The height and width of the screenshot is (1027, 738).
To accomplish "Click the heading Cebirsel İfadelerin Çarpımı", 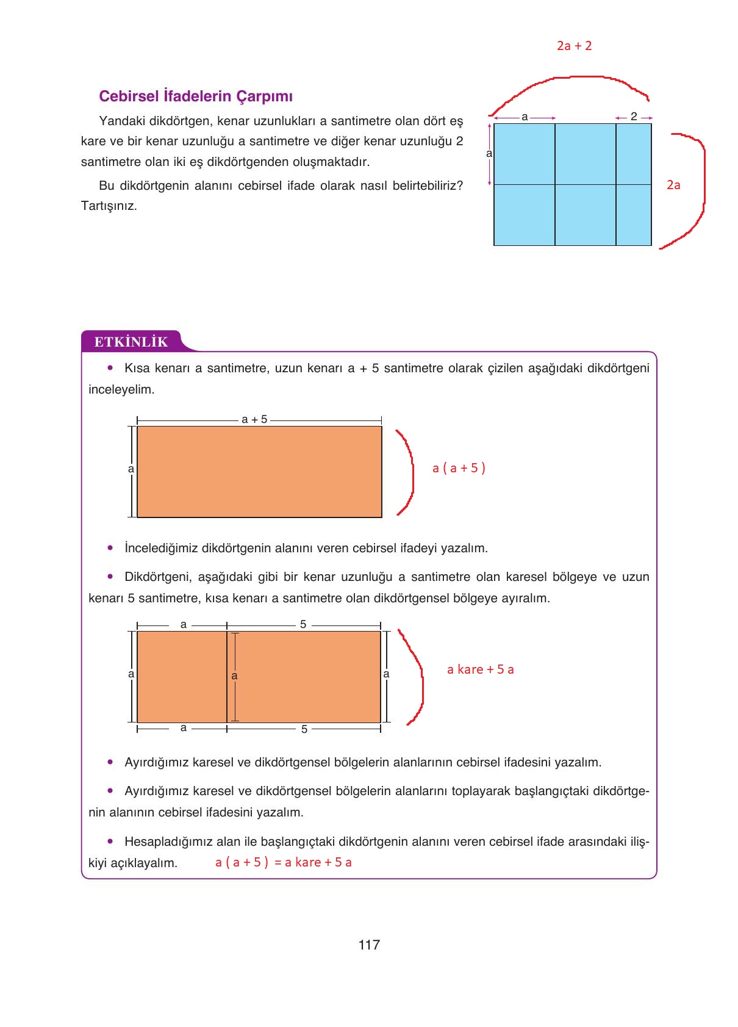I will coord(196,96).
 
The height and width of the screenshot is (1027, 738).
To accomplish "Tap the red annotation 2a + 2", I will coord(574,46).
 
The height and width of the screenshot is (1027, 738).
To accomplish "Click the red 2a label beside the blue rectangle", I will coord(673,185).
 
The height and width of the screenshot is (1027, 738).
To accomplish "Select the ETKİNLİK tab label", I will coord(131,342).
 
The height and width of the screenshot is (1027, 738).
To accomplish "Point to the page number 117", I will coord(369,945).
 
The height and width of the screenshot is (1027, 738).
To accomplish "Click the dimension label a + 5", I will coord(254,419).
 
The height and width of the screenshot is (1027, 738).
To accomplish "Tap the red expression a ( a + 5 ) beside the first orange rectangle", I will coord(459,468).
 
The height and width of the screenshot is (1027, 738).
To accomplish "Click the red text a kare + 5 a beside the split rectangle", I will coord(480,669).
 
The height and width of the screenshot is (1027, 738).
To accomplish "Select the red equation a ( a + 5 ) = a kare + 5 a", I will coord(284,862).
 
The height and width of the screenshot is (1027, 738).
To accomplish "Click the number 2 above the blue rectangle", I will coord(634,117).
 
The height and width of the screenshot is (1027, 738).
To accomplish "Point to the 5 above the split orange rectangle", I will coord(303,624).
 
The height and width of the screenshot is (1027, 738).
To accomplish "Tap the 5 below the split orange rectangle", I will coord(304,729).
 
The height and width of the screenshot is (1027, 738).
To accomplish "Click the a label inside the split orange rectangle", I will coord(234,676).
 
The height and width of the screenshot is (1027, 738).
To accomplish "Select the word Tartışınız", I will coord(109,206).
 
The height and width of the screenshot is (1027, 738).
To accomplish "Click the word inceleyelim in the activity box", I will coord(121,389).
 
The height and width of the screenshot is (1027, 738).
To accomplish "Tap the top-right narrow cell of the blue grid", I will coord(634,154).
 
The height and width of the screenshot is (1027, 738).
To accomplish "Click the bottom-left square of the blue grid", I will coord(525,215).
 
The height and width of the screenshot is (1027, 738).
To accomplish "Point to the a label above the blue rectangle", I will coord(525,117).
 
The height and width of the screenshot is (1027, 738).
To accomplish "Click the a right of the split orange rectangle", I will coord(386,674).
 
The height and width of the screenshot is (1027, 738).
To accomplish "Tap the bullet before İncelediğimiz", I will coord(110,548).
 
